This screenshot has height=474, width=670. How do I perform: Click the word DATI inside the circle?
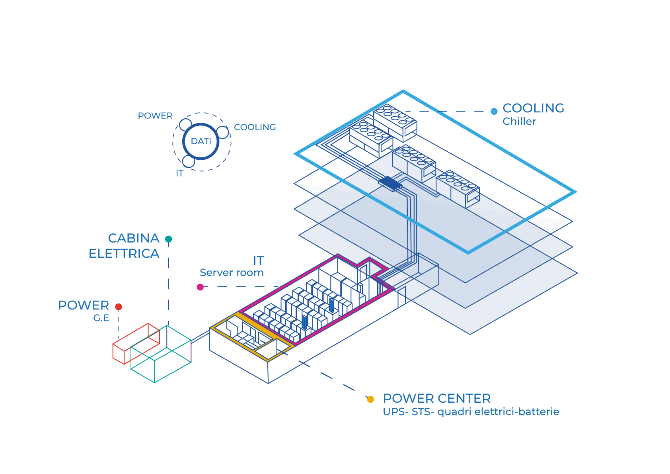[x=201, y=141]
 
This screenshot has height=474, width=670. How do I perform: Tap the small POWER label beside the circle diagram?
[x=155, y=116]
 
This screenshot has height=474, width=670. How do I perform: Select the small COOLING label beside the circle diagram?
[x=255, y=127]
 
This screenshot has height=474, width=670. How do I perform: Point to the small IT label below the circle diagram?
[x=180, y=173]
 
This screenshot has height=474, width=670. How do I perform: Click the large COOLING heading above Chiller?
[x=533, y=108]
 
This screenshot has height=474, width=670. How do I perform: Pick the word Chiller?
[x=519, y=121]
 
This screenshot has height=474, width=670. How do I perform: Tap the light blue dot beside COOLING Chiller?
[x=494, y=112]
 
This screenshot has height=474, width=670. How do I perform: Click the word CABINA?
[x=134, y=238]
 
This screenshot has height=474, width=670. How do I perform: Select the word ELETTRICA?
[x=124, y=254]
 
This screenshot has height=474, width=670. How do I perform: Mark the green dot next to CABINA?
[x=169, y=239]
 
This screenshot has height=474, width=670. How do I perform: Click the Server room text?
[x=232, y=272]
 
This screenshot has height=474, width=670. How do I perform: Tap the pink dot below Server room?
[x=200, y=287]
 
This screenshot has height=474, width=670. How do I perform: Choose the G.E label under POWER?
[x=101, y=318]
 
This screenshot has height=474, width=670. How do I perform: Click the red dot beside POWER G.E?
[x=119, y=307]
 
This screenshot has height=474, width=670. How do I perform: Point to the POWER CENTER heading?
[x=436, y=398]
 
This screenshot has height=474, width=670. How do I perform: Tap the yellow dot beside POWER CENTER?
[x=370, y=399]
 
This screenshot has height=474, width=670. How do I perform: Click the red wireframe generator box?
[x=135, y=343]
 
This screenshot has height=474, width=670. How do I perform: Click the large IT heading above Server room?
[x=259, y=261]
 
